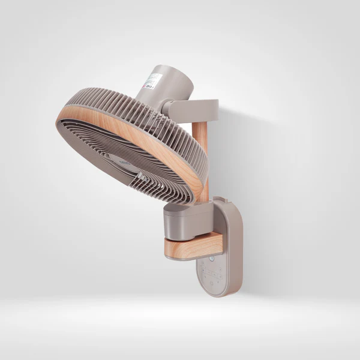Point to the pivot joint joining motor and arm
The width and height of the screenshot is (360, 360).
pyautogui.click(x=168, y=109)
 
